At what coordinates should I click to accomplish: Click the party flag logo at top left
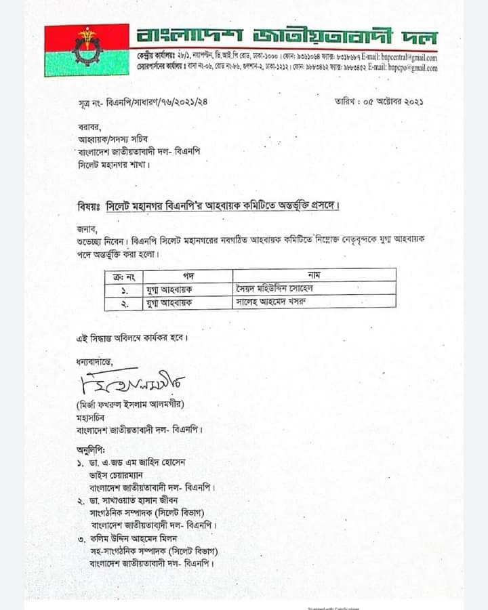86,50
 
